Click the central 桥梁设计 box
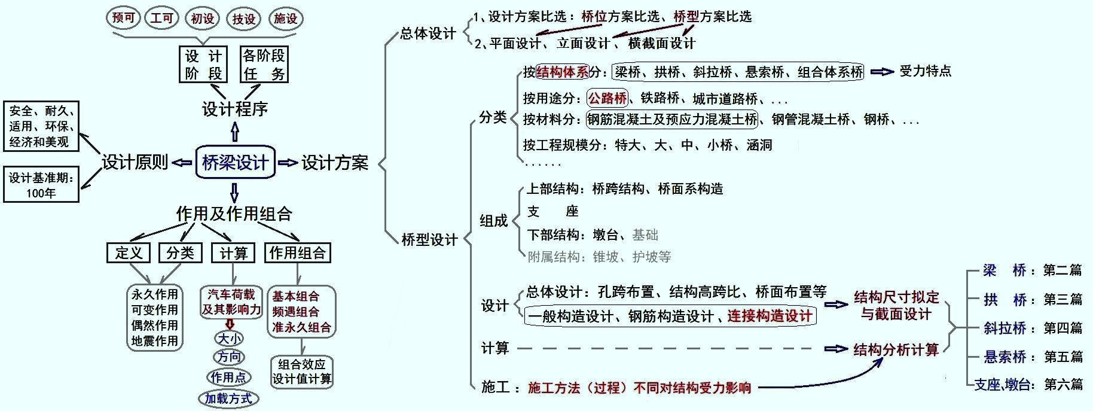235,162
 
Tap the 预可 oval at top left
123,18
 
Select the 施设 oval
285,19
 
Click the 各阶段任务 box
264,65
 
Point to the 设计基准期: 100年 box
41,185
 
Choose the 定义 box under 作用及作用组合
129,253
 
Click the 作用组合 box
297,252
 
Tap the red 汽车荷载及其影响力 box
231,302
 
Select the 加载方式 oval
228,398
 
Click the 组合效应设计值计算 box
302,372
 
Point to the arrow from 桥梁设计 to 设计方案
288,163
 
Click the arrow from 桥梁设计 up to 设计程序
234,132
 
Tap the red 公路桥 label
607,98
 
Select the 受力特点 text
926,71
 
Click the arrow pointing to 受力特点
882,72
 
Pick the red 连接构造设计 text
770,316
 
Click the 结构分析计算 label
896,349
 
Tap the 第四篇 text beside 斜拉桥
1063,328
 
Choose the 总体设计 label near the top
428,34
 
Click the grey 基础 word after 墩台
645,235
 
